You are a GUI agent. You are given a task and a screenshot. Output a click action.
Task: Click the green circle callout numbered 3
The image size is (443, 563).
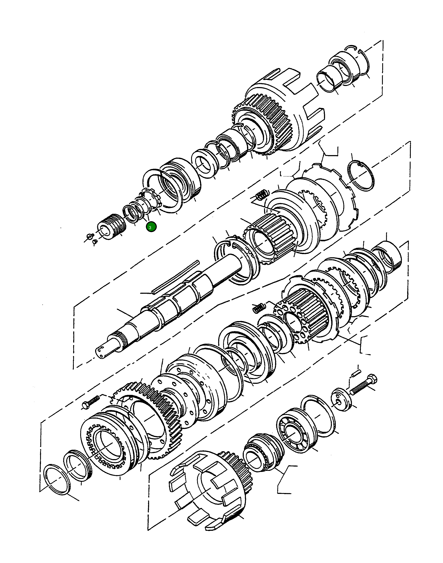tap(151, 227)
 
